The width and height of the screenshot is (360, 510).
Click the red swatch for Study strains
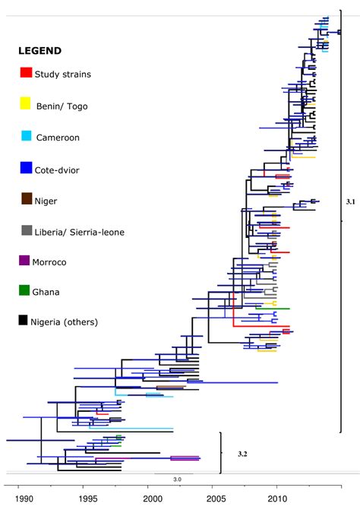point(26,73)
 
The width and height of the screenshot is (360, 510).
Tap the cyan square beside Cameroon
point(26,136)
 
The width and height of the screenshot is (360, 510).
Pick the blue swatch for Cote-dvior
point(26,168)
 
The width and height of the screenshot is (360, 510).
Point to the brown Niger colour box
point(26,199)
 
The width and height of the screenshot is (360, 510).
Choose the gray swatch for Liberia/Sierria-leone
point(26,230)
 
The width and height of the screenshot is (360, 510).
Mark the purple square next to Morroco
point(26,261)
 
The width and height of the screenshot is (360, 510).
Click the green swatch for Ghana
point(26,290)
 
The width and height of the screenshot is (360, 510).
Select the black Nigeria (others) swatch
point(26,321)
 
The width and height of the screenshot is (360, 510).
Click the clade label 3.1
point(350,202)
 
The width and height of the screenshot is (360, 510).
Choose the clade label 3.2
point(242,454)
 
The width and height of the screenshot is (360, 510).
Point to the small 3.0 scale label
point(177,480)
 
